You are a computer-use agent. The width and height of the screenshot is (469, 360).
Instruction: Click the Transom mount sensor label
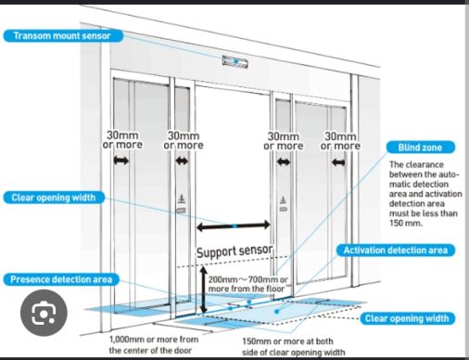pos(63,36)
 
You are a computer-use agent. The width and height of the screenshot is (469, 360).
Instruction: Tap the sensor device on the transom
pos(235,62)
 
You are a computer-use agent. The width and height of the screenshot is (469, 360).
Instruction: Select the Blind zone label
pos(421,148)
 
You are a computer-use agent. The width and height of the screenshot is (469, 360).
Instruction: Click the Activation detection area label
pos(396,251)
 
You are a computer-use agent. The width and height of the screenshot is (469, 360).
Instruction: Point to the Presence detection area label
pos(61,279)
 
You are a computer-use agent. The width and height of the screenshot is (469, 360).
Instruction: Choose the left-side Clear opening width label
pos(54,198)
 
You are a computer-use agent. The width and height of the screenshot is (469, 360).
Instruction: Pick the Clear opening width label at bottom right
pos(407,318)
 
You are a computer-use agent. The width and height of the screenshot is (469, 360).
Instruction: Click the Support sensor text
pos(234,251)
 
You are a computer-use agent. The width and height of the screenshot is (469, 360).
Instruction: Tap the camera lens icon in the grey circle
pos(44,313)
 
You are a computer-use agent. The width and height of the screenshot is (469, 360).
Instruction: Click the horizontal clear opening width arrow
pos(234,226)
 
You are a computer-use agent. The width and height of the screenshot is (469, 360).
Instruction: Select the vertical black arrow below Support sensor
pos(203,289)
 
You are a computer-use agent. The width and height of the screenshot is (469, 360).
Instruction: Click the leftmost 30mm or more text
pos(122,140)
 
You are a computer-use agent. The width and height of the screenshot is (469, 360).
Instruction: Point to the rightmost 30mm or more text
pos(340,141)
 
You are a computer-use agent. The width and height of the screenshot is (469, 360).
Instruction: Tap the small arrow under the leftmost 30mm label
pos(121,161)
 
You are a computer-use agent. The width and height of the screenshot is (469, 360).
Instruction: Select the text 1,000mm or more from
pos(154,340)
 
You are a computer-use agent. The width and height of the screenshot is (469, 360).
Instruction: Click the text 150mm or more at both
pos(287,341)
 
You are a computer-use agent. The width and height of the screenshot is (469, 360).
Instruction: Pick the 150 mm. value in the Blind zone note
pos(406,223)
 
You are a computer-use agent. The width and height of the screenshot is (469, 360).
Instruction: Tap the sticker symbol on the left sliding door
pos(182,204)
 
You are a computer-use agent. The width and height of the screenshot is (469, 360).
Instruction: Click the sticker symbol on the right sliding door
pos(284,204)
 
